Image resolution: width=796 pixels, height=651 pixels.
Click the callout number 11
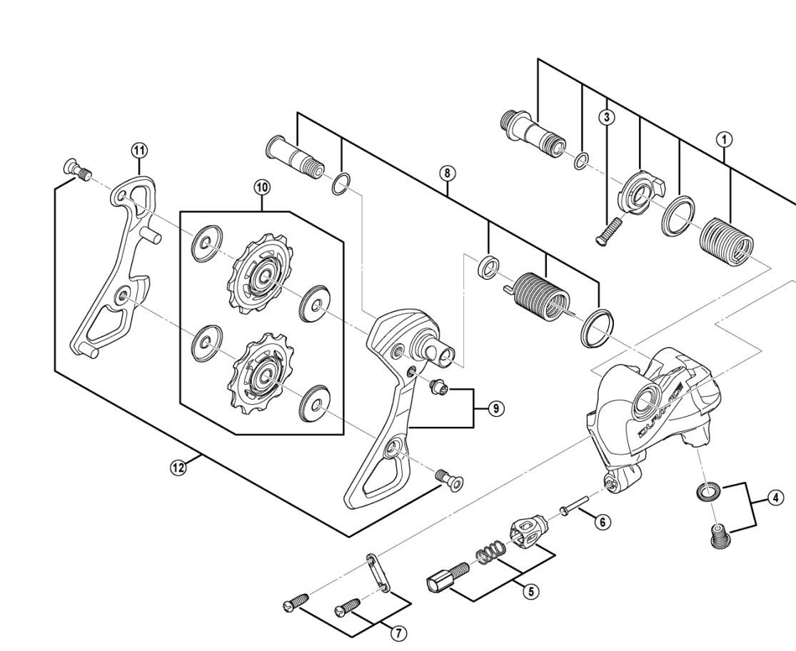(x=138, y=149)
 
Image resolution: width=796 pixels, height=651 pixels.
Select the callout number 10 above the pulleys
(x=262, y=187)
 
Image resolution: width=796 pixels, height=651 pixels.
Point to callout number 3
(x=606, y=116)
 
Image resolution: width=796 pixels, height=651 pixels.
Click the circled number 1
(x=725, y=140)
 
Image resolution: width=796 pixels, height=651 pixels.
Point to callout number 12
(x=176, y=468)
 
